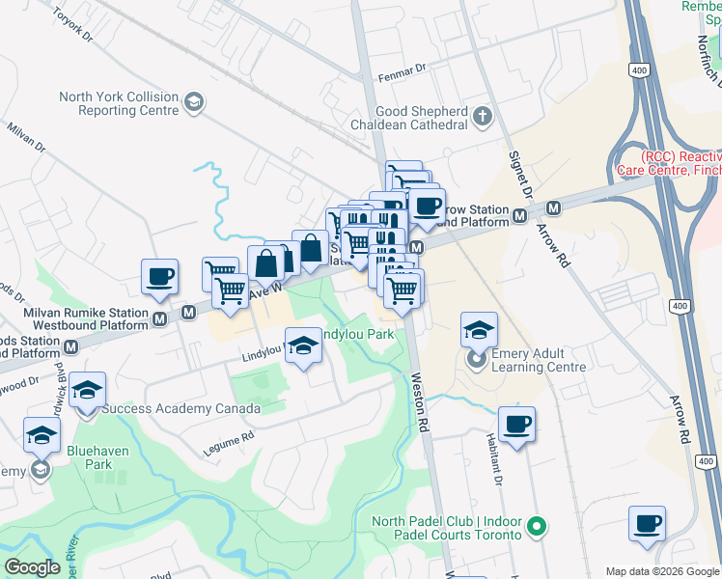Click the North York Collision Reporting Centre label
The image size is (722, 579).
120,103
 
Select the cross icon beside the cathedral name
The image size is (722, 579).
483,118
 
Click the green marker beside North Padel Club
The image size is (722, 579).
539,528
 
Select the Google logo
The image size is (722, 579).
33,567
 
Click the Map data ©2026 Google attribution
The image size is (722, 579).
662,571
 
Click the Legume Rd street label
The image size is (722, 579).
228,442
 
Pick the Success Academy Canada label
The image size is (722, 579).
181,408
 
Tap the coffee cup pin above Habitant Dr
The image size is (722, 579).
517,424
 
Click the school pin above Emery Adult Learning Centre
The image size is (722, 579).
479,330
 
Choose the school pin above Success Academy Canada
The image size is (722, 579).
88,390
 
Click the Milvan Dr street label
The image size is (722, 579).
26,137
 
